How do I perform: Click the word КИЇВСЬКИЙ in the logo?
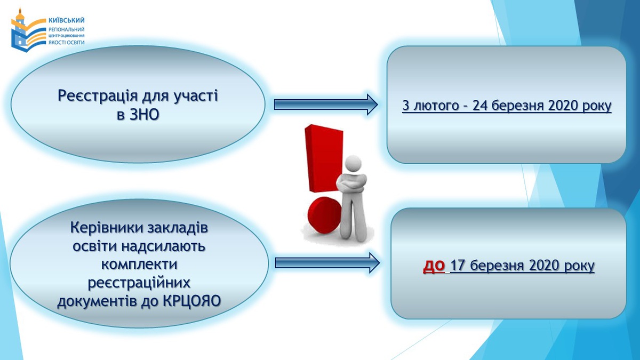[67, 20]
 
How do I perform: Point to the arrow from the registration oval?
[326, 105]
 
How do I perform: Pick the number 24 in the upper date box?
[481, 106]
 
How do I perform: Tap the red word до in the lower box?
[434, 265]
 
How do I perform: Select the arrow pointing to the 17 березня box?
[327, 262]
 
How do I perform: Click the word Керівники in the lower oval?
[107, 228]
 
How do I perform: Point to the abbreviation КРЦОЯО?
[192, 301]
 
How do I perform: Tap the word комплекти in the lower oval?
[139, 263]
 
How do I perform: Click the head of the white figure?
[353, 164]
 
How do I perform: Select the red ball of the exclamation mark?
[324, 215]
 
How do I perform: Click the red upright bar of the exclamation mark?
[324, 158]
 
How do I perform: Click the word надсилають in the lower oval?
[163, 246]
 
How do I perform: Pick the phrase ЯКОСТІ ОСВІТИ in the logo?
[67, 42]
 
